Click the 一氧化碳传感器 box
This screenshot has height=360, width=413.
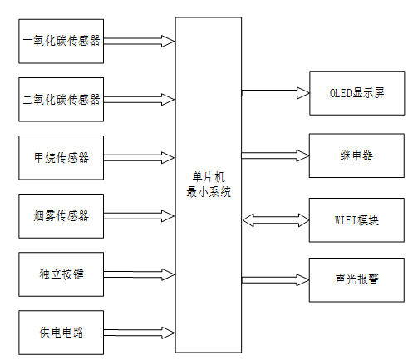tap(62, 39)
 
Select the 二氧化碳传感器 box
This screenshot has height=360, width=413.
tap(62, 98)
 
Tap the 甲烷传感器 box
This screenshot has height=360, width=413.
tap(62, 157)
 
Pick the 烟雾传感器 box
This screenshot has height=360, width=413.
tap(62, 215)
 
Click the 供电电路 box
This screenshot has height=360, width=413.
tap(62, 333)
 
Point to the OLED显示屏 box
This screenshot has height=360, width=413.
tap(356, 94)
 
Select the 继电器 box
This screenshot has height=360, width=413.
tap(356, 155)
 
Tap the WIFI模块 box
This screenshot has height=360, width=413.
tap(356, 220)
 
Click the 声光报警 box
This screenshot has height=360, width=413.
tap(356, 279)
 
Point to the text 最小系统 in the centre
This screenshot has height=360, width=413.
tap(209, 191)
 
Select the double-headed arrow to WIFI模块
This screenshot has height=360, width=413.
tap(274, 220)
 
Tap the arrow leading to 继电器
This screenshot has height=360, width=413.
tap(274, 155)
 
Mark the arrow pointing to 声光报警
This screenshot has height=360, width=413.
tap(274, 279)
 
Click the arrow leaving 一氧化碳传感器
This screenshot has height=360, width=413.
tap(140, 39)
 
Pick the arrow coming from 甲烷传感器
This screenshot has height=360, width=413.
tap(140, 157)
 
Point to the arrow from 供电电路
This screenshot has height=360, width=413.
tap(140, 333)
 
